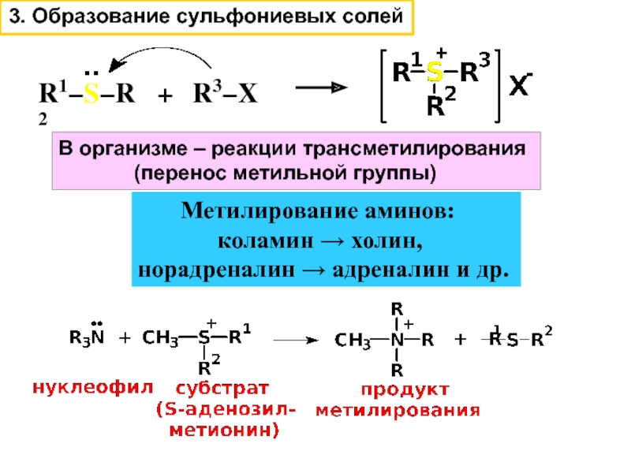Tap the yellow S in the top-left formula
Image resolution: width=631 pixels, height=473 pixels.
(91, 95)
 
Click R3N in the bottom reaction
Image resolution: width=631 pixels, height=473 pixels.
(87, 338)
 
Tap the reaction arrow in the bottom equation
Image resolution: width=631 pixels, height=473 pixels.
(300, 341)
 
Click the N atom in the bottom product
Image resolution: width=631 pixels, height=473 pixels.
(398, 341)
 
